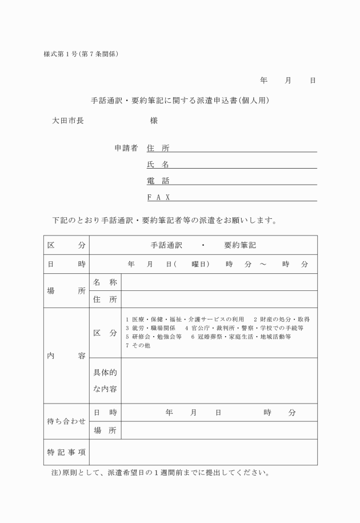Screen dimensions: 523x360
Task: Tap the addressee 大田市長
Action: coord(68,121)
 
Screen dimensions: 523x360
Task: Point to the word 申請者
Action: coord(126,148)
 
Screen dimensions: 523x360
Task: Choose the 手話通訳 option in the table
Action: coord(166,245)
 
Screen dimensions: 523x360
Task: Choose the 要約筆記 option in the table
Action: coord(240,245)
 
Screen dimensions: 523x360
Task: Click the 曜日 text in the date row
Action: coord(199,264)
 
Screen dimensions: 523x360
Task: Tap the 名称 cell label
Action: coord(105,282)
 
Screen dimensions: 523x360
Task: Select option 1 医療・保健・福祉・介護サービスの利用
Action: coord(185,319)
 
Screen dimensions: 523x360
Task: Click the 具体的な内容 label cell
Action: coord(105,381)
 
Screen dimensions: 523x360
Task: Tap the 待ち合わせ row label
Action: coord(66,421)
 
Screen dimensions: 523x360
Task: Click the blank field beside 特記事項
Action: coord(203,452)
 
